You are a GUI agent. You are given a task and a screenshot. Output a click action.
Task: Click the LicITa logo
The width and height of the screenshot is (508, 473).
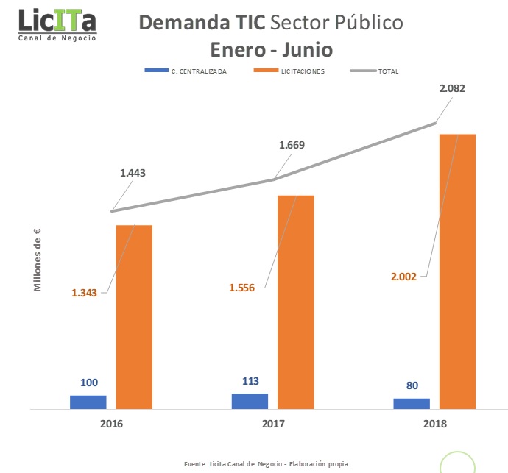[x=57, y=24]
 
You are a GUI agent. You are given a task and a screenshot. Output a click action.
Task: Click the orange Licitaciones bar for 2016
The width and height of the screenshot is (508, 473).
[x=134, y=316]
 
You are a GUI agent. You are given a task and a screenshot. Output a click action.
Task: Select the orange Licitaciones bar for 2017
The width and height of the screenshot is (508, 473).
[x=295, y=302]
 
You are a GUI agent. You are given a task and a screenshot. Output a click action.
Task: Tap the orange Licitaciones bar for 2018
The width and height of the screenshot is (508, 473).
[x=458, y=271]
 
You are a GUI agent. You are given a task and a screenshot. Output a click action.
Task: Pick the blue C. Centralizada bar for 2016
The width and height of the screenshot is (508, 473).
[x=88, y=402]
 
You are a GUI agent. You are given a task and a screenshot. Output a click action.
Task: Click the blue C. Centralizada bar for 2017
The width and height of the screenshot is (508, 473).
[x=250, y=401]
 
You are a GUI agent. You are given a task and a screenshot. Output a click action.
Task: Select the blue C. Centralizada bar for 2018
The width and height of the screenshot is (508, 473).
[x=412, y=403]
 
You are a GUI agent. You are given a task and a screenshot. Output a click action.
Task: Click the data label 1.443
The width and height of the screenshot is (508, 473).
[x=133, y=174]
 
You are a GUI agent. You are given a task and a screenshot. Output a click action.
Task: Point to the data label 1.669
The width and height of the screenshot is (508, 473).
[x=292, y=145]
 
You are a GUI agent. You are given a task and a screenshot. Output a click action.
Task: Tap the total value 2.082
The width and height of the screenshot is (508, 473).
[x=452, y=88]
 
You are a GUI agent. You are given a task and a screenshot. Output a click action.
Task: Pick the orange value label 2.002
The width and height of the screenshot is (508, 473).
[x=403, y=277]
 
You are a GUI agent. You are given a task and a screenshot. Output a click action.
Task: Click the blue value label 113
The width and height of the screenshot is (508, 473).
[x=250, y=381]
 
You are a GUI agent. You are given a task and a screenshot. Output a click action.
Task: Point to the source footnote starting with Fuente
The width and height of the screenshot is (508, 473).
[x=266, y=463]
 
